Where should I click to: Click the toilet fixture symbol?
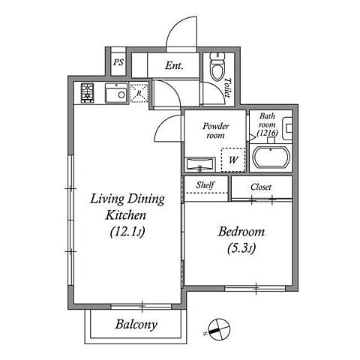pyautogui.click(x=217, y=66)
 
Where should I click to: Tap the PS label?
pyautogui.click(x=118, y=62)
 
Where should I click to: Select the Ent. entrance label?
pyautogui.click(x=174, y=66)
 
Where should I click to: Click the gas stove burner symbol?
pyautogui.click(x=87, y=93)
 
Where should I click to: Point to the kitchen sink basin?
pyautogui.click(x=116, y=93)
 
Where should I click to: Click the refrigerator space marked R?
pyautogui.click(x=139, y=93)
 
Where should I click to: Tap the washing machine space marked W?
pyautogui.click(x=233, y=160)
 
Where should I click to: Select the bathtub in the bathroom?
pyautogui.click(x=271, y=157)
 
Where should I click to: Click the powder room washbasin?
pyautogui.click(x=199, y=164)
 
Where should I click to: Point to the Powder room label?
pyautogui.click(x=215, y=130)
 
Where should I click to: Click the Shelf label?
pyautogui.click(x=205, y=185)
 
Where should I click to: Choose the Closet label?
pyautogui.click(x=261, y=187)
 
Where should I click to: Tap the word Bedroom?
pyautogui.click(x=241, y=232)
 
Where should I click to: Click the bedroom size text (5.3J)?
pyautogui.click(x=241, y=248)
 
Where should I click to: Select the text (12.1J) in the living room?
pyautogui.click(x=127, y=232)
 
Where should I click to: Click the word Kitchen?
pyautogui.click(x=125, y=215)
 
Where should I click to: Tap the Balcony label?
pyautogui.click(x=136, y=325)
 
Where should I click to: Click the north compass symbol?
pyautogui.click(x=218, y=329)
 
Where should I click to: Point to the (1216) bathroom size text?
pyautogui.click(x=268, y=133)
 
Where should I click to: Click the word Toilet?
pyautogui.click(x=227, y=88)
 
